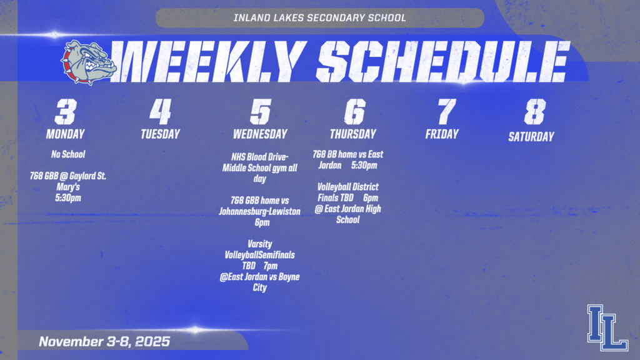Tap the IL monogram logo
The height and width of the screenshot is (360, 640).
[607, 327]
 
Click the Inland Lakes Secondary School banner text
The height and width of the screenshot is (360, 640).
[319, 17]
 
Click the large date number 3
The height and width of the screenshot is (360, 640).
[65, 112]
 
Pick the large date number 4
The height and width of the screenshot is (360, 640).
[160, 112]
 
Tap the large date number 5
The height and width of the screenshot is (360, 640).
[260, 112]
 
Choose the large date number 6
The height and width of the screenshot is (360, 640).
[354, 112]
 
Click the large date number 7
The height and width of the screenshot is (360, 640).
[446, 112]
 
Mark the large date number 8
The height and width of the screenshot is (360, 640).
[534, 112]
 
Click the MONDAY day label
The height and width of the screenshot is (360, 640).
[65, 134]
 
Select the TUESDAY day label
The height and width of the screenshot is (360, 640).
[160, 134]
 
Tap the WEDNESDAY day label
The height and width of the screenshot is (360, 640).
[260, 134]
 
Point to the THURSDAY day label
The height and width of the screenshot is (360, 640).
[353, 134]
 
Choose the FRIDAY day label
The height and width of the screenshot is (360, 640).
[442, 134]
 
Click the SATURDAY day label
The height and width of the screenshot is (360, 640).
[531, 136]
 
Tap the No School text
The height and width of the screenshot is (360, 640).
[68, 154]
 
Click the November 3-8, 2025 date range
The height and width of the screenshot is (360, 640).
[104, 342]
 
